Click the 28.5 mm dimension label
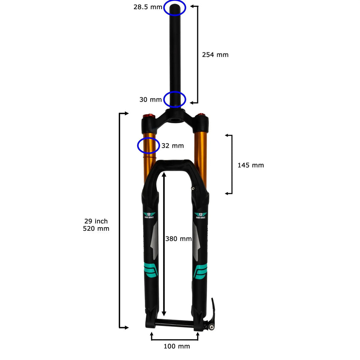[x=148, y=7]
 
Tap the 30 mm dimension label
[x=151, y=100]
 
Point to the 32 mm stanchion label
[x=172, y=146]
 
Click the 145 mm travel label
[x=250, y=165]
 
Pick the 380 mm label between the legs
[x=178, y=239]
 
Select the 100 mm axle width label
[x=177, y=346]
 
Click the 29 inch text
[x=96, y=221]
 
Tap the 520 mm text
[x=96, y=229]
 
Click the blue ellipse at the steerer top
[x=175, y=7]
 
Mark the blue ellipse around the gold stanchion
[x=148, y=146]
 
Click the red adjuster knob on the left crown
[x=149, y=116]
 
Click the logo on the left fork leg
[x=150, y=216]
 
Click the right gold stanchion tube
[x=201, y=156]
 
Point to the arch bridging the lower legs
[x=175, y=164]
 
